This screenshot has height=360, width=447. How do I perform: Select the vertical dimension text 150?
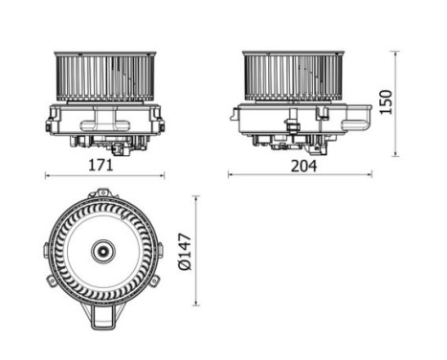coord(387,101)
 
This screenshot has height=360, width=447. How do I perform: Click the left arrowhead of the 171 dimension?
coord(48,175)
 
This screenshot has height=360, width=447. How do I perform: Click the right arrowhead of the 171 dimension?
coord(162,175)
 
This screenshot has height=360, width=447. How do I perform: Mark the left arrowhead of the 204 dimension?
coord(231,174)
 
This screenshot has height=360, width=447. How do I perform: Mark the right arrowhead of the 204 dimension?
coord(369,174)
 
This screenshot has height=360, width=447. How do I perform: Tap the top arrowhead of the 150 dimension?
coord(396,51)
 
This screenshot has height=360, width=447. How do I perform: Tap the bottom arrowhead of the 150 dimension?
coord(396,153)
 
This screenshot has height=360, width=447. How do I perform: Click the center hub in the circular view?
coord(101,253)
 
